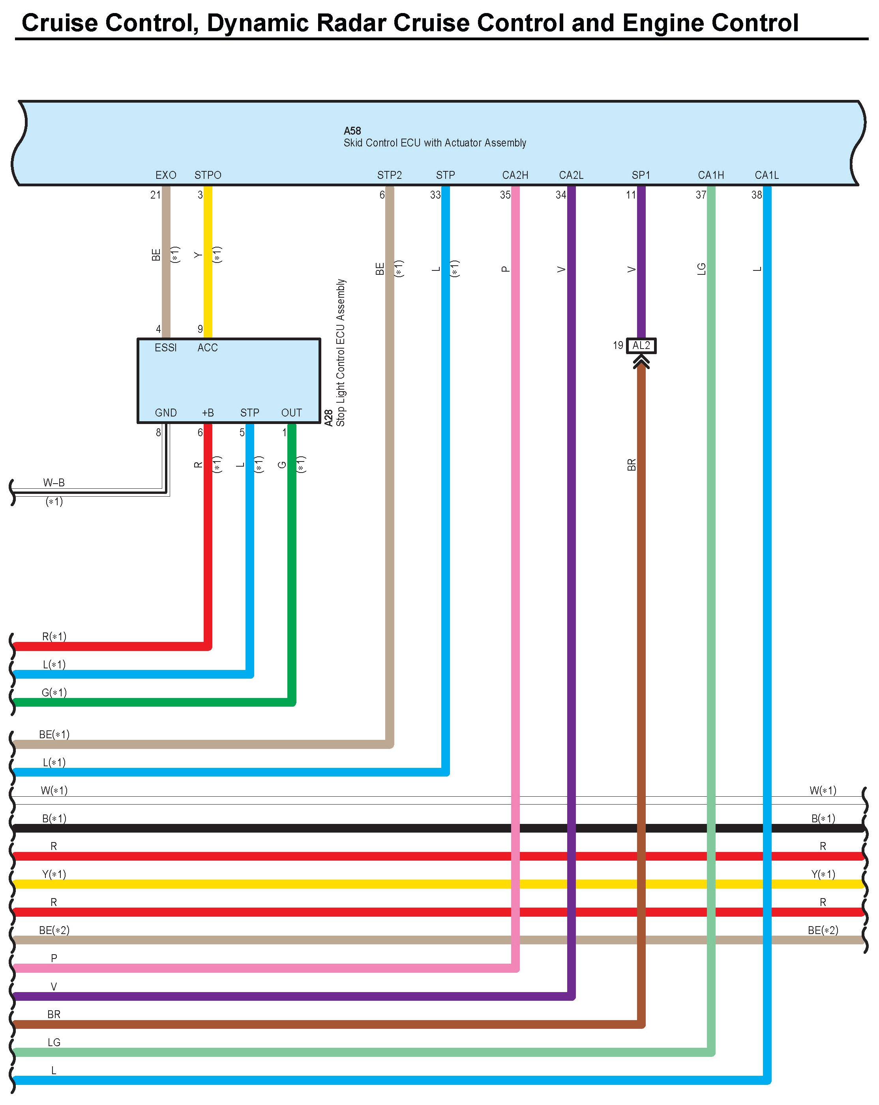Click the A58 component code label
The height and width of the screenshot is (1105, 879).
[x=352, y=131]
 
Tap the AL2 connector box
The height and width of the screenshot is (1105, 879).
[x=641, y=345]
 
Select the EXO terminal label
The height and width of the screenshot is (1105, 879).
[x=165, y=175]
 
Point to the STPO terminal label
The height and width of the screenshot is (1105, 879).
[x=208, y=175]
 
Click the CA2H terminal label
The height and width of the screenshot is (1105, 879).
[x=515, y=175]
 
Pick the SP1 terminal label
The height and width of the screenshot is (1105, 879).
[x=641, y=175]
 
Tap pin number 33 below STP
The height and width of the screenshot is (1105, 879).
[x=435, y=195]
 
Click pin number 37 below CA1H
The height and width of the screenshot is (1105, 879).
[x=701, y=195]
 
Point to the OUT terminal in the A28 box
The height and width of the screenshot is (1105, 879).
[x=291, y=413]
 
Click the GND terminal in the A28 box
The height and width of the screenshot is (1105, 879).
[x=165, y=413]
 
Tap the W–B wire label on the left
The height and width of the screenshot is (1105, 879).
[x=54, y=482]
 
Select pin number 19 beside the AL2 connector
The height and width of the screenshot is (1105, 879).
[x=618, y=345]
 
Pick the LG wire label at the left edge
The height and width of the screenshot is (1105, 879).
[x=54, y=1042]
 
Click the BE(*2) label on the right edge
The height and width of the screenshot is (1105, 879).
[x=823, y=930]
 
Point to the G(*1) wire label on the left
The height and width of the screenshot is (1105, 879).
[x=54, y=692]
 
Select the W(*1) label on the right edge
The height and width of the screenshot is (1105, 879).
[x=823, y=790]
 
